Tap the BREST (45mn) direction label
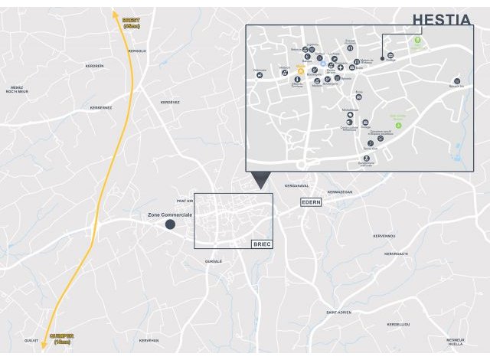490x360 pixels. point(132,23)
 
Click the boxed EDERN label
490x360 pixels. point(311,201)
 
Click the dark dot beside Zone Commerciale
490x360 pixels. point(170,225)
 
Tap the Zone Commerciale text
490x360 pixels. point(170,215)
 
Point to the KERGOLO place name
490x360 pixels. point(136,51)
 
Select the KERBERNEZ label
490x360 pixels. point(101,107)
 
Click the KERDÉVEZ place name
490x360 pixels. point(169,102)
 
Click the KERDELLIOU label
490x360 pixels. point(398,324)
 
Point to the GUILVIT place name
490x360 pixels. point(31,339)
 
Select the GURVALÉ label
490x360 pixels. point(213,261)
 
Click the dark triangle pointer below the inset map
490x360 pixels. point(260,180)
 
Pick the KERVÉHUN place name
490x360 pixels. point(149,339)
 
